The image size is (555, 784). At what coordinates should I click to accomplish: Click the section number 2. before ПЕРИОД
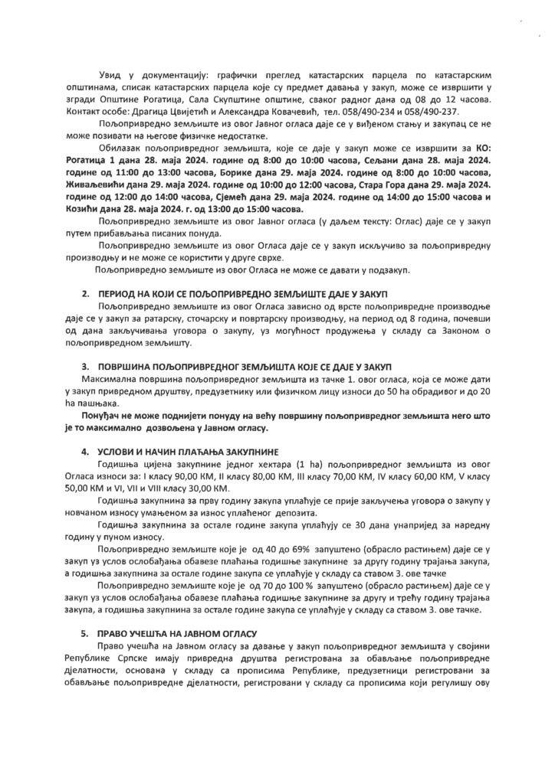pos(84,295)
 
